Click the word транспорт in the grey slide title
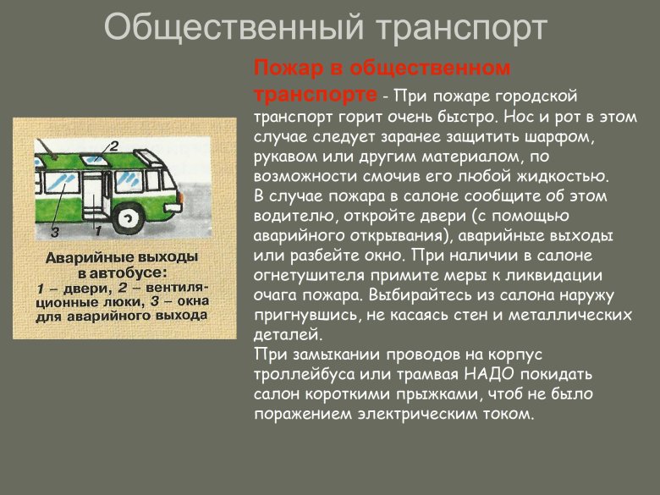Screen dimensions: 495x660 tap(460, 29)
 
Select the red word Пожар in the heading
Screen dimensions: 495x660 tap(288, 67)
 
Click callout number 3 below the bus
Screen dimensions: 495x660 tap(54, 230)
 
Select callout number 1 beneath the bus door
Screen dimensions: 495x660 tap(98, 229)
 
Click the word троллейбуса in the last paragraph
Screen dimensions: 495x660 tap(297, 372)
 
